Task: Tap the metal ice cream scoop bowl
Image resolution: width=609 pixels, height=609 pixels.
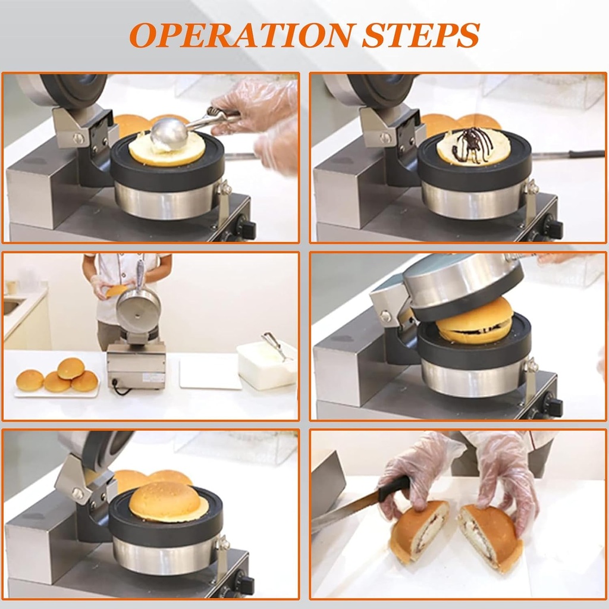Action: point(169,134)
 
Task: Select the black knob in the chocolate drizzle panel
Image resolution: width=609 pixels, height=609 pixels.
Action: point(553,228)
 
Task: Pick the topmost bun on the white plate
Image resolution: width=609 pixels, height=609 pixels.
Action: point(71,368)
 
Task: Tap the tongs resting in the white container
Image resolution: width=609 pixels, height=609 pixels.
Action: point(275,346)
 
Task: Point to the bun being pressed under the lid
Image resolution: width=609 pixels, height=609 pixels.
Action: point(475,321)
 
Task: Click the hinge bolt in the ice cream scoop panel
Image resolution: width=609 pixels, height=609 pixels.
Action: point(79,138)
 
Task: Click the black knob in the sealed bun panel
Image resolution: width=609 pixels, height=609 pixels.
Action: point(244,584)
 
